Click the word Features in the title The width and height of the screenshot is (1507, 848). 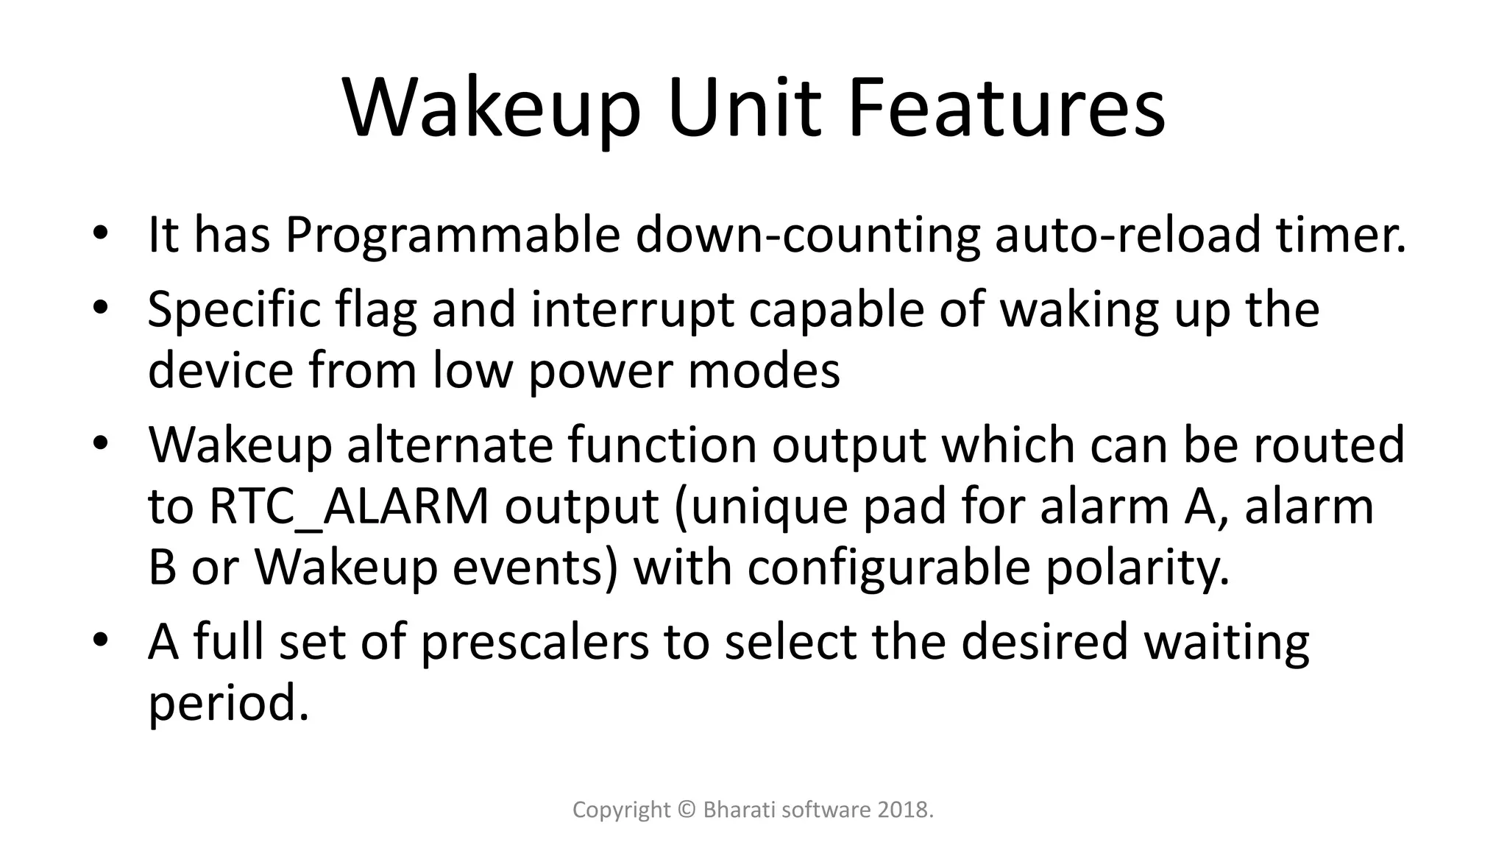[1006, 109]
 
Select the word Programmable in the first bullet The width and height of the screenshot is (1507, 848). [453, 236]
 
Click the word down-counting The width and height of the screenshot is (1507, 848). [807, 236]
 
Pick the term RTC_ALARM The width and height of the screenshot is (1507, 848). [349, 507]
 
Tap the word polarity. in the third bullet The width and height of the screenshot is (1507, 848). [1138, 568]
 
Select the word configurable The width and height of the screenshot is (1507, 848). [888, 568]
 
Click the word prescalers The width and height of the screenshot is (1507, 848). [535, 641]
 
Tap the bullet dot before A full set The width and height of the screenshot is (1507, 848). [101, 639]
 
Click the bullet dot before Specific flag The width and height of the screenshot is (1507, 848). [101, 308]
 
